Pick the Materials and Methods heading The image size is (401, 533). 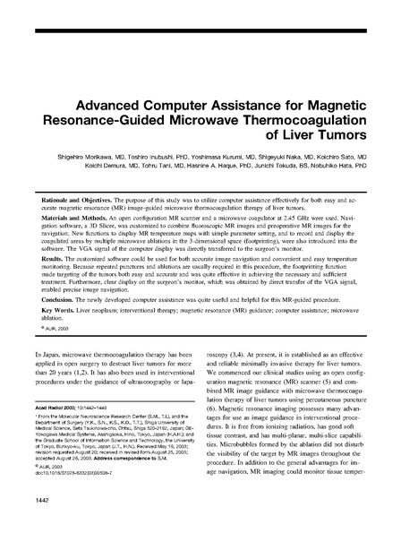pos(71,220)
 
